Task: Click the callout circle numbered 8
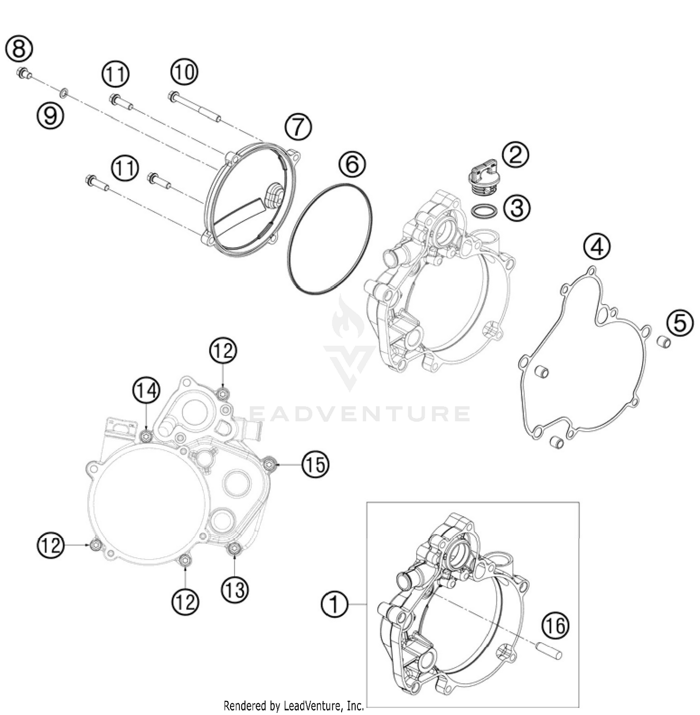(x=19, y=49)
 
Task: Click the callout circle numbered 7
(x=298, y=126)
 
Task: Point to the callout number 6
(x=352, y=164)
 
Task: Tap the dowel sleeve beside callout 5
(x=664, y=341)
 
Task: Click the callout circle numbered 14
(x=147, y=390)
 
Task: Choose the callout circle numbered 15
(x=315, y=465)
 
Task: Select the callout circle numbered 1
(x=335, y=604)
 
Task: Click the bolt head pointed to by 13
(x=233, y=550)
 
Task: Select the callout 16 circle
(x=556, y=625)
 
